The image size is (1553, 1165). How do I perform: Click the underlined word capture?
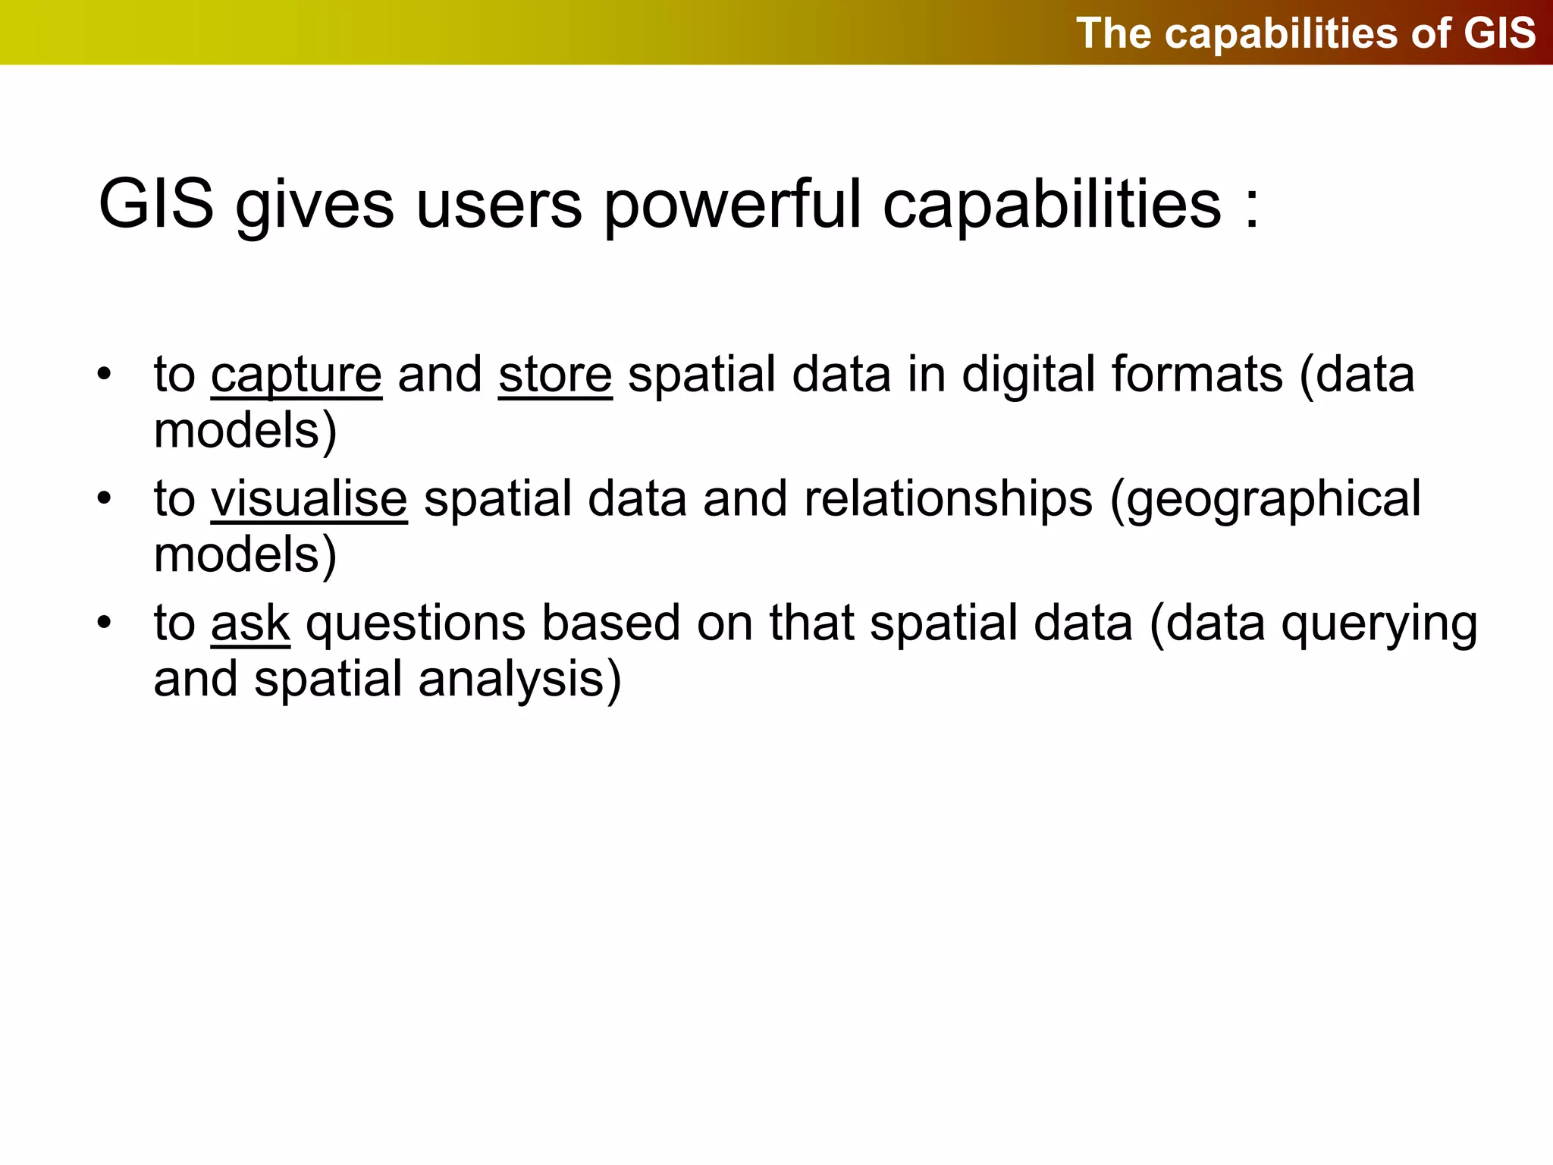point(296,375)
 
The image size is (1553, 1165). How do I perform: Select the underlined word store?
point(555,375)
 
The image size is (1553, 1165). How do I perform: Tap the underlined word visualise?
point(309,500)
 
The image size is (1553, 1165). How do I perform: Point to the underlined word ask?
point(250,623)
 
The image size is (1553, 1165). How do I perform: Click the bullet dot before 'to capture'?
point(104,374)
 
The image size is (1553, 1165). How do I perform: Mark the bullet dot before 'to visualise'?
point(104,498)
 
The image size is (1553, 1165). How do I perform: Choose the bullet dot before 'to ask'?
point(104,623)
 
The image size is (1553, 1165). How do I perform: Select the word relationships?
point(949,500)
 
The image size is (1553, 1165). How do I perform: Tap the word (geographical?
point(1266,500)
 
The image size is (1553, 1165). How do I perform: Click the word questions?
point(416,623)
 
